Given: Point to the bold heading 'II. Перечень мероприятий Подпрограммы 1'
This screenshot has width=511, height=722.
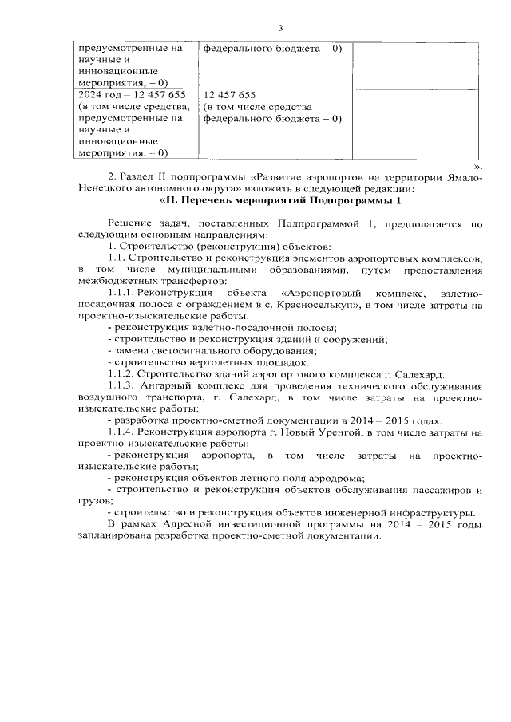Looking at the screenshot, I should [x=280, y=201].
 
